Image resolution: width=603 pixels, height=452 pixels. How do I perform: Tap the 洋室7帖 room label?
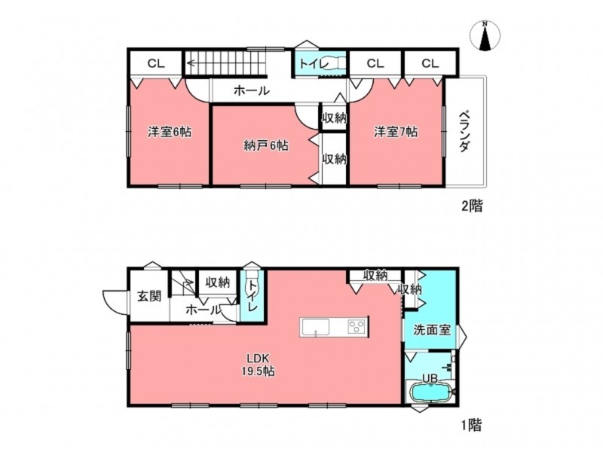tap(396, 132)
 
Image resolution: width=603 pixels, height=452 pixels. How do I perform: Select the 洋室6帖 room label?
tap(170, 132)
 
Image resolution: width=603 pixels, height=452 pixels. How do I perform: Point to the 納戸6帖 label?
tap(266, 145)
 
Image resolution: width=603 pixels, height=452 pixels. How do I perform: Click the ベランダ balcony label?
tap(464, 131)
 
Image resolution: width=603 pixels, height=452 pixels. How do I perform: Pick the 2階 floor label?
tap(472, 206)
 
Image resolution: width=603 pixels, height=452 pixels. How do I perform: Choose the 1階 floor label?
tap(472, 425)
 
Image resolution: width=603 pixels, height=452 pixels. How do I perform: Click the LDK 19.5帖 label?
tap(258, 365)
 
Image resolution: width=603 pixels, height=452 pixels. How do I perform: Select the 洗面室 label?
tap(432, 330)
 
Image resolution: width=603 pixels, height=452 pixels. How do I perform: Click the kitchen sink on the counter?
tap(315, 328)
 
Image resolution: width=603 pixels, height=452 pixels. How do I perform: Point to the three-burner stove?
tap(357, 328)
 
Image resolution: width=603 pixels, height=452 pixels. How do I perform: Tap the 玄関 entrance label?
tap(149, 296)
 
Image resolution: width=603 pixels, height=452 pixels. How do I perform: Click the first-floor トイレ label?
tap(253, 296)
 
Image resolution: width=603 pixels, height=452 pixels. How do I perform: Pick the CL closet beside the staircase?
tap(156, 63)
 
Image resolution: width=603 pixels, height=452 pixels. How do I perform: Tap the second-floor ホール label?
tap(252, 91)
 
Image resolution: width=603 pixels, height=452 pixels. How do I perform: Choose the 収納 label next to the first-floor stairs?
tap(218, 282)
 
